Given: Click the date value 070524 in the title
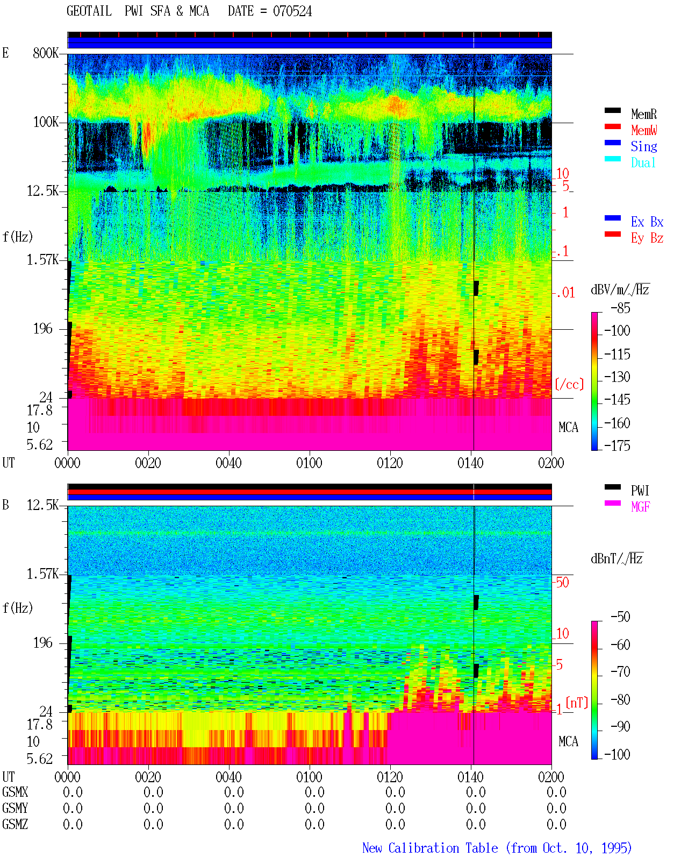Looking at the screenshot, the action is [x=292, y=11].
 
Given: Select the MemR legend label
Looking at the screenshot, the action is [x=644, y=114].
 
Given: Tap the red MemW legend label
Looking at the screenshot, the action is [x=644, y=130].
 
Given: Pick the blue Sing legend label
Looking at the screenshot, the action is [x=644, y=146].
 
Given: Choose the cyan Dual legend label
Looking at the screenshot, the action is [x=643, y=162].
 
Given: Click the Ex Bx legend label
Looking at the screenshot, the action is [x=647, y=222].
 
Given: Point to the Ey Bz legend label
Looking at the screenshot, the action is [x=647, y=238].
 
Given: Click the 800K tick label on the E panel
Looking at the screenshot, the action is [x=46, y=53].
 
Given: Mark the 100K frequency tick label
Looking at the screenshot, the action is [x=46, y=122].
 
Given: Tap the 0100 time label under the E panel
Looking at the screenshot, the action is [x=309, y=463].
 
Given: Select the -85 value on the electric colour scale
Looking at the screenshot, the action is [x=620, y=308].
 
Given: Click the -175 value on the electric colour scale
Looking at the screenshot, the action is [x=617, y=445].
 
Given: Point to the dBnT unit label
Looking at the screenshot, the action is [x=617, y=559].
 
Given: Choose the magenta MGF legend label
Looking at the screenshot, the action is [x=641, y=507].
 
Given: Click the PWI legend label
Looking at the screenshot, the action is [x=640, y=491].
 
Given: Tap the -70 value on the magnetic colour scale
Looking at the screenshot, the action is [x=620, y=672].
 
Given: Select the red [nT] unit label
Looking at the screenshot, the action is [x=577, y=703].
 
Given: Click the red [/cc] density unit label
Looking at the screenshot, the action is [x=569, y=384].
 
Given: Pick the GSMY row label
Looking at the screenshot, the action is [x=15, y=808].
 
